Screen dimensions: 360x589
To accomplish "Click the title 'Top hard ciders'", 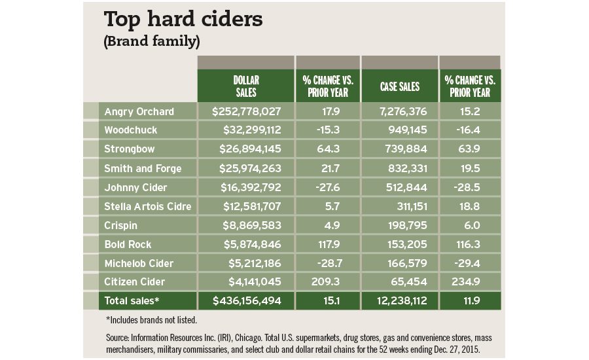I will click(x=183, y=19).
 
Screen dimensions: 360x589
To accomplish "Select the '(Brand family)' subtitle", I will click(x=152, y=41).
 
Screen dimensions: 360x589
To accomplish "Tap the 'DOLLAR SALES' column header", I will click(x=245, y=86).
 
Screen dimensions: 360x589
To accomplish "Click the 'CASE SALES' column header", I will click(x=399, y=86).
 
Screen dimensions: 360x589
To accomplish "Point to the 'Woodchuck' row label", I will click(x=131, y=130).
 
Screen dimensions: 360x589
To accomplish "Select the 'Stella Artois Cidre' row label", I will click(x=148, y=207).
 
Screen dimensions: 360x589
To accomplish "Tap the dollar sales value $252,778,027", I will click(x=246, y=112).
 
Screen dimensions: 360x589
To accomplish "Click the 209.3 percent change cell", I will click(x=328, y=282).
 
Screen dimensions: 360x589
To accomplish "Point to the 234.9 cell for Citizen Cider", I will click(x=469, y=282).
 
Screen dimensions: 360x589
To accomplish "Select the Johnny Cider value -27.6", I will click(x=328, y=187).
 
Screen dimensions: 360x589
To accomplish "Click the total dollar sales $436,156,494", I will click(x=246, y=301).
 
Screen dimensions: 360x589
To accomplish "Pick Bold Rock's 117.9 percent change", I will click(x=328, y=244).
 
